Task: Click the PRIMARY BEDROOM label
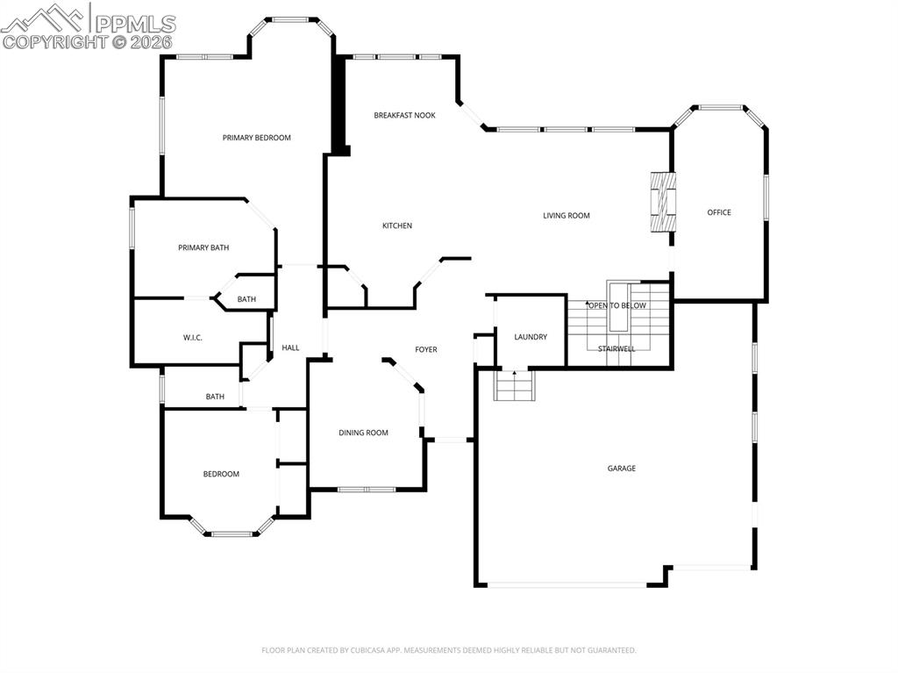click(256, 138)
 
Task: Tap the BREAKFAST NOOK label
click(404, 115)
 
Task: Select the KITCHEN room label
click(396, 226)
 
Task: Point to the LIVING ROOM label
click(566, 215)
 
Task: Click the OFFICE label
click(719, 212)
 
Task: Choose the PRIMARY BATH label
click(203, 247)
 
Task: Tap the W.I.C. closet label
click(193, 338)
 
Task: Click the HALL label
click(290, 348)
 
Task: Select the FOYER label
click(425, 350)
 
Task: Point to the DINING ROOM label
click(363, 433)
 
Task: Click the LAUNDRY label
click(531, 337)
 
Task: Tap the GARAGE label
click(621, 469)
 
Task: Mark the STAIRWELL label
click(616, 349)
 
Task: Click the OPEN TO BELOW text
click(617, 305)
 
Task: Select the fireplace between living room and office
click(664, 202)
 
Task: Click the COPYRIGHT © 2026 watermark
click(88, 41)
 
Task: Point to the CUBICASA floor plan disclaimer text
click(448, 650)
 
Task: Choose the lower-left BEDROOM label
click(221, 474)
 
